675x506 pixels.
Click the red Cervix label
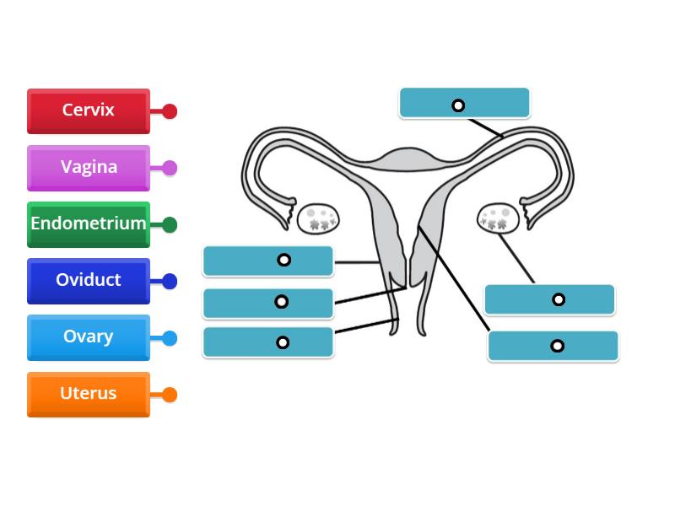pos(89,110)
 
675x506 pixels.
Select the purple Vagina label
pos(89,167)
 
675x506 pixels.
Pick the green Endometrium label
pos(89,223)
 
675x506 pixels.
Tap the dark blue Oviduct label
pos(89,280)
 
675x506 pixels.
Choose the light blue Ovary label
pos(89,336)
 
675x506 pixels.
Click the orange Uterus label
pos(89,394)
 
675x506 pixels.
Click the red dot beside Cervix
pos(170,111)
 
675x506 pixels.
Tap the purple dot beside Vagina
pos(170,168)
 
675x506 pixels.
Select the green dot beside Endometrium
pos(170,224)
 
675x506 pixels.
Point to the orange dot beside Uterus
pos(170,395)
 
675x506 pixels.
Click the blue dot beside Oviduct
pos(170,282)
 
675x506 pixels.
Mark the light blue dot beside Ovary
pos(170,338)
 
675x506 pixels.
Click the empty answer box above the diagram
pos(464,103)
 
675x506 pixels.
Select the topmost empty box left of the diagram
pos(268,261)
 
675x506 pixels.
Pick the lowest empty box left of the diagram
pos(268,342)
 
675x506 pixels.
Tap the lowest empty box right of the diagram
pos(553,346)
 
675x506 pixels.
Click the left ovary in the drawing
pos(319,218)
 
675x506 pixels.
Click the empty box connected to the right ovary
pos(549,299)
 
